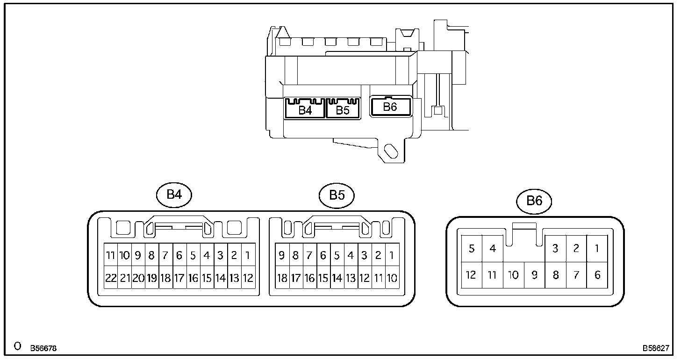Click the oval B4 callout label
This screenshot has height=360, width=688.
174,194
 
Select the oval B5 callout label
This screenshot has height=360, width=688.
337,194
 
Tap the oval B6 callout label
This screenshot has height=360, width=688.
534,201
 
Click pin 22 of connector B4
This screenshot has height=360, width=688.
111,278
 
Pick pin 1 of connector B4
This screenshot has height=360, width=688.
248,255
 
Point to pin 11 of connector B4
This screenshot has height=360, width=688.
111,255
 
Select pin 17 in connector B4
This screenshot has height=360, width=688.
179,278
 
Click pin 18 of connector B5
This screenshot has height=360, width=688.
282,278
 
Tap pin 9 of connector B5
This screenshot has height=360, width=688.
282,255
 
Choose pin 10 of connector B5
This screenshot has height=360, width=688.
392,278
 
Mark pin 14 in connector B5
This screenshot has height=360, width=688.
337,278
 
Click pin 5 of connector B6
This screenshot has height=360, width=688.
471,248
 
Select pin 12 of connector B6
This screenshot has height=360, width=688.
471,275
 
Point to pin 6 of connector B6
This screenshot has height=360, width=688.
597,275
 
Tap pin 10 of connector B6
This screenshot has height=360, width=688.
513,275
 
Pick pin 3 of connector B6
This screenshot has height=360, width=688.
555,248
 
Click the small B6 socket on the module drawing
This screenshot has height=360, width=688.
390,107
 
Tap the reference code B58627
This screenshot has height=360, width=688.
656,348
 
